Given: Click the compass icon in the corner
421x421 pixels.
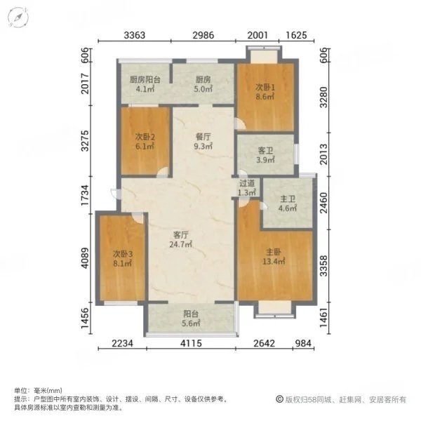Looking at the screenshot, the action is coord(18,18).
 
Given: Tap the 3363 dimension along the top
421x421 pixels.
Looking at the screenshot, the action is coord(134,35).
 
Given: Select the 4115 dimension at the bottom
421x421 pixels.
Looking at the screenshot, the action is coord(191,343).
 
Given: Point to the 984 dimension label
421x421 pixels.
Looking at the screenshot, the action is coord(303,343).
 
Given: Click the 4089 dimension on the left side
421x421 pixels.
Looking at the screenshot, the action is coord(85,258).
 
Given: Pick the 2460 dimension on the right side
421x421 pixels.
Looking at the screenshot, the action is coord(324,203).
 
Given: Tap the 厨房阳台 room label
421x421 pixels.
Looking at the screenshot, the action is coord(145,79).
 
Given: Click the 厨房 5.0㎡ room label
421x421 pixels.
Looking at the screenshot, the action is coord(203,84).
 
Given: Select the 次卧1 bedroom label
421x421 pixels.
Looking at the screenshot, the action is coord(265,88).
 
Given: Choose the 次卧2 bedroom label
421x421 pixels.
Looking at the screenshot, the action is coord(145,138).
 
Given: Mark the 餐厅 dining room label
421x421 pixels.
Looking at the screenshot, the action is coord(203,137).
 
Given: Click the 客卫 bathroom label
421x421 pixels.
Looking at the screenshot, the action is coord(265,151).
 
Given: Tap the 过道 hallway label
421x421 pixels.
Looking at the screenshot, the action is coord(247,183).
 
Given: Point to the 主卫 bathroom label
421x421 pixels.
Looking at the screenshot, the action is coord(288,199).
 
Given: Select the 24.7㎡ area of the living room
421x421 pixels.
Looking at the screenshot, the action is coord(180,245).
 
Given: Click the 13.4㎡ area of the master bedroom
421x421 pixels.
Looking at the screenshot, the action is coord(274,261).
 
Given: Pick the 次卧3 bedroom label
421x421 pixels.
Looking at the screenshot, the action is coord(122,254).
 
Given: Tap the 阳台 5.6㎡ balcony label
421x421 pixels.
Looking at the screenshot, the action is coord(191,319).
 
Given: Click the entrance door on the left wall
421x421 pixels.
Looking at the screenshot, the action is coord(116,194).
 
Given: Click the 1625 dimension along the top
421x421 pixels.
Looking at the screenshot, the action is coord(296,35).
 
